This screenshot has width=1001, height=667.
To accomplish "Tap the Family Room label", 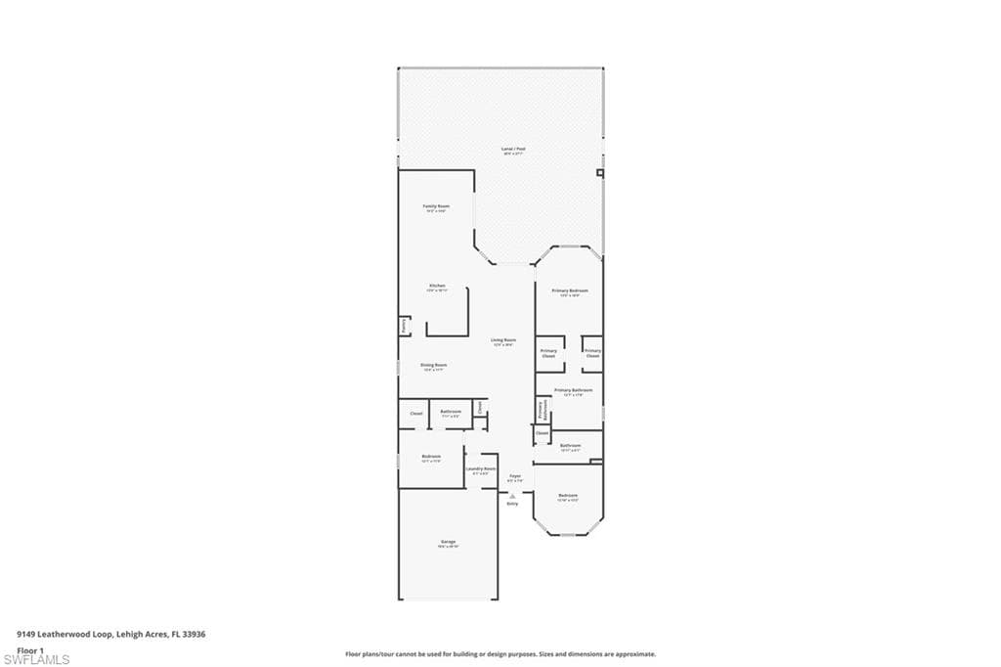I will click(436, 208).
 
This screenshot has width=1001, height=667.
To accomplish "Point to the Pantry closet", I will click(403, 326).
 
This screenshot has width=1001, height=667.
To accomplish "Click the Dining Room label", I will click(433, 366).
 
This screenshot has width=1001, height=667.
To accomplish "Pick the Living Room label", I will click(503, 341).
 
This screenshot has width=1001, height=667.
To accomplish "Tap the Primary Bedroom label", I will click(570, 292).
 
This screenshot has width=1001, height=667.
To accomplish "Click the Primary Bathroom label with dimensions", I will click(573, 391).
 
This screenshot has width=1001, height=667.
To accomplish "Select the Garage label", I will click(448, 543).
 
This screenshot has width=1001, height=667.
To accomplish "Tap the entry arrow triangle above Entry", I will click(512, 496).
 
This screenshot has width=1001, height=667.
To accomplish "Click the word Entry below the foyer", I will click(512, 504).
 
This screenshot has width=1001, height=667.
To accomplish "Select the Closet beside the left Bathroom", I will click(415, 414).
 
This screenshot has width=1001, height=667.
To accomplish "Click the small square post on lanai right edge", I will click(600, 173).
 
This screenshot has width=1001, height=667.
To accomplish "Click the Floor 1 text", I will click(30, 649).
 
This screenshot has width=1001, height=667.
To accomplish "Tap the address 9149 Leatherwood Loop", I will click(110, 634).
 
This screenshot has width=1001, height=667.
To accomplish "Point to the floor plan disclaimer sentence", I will click(500, 654).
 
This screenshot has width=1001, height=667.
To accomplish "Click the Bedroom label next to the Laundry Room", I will click(431, 458).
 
